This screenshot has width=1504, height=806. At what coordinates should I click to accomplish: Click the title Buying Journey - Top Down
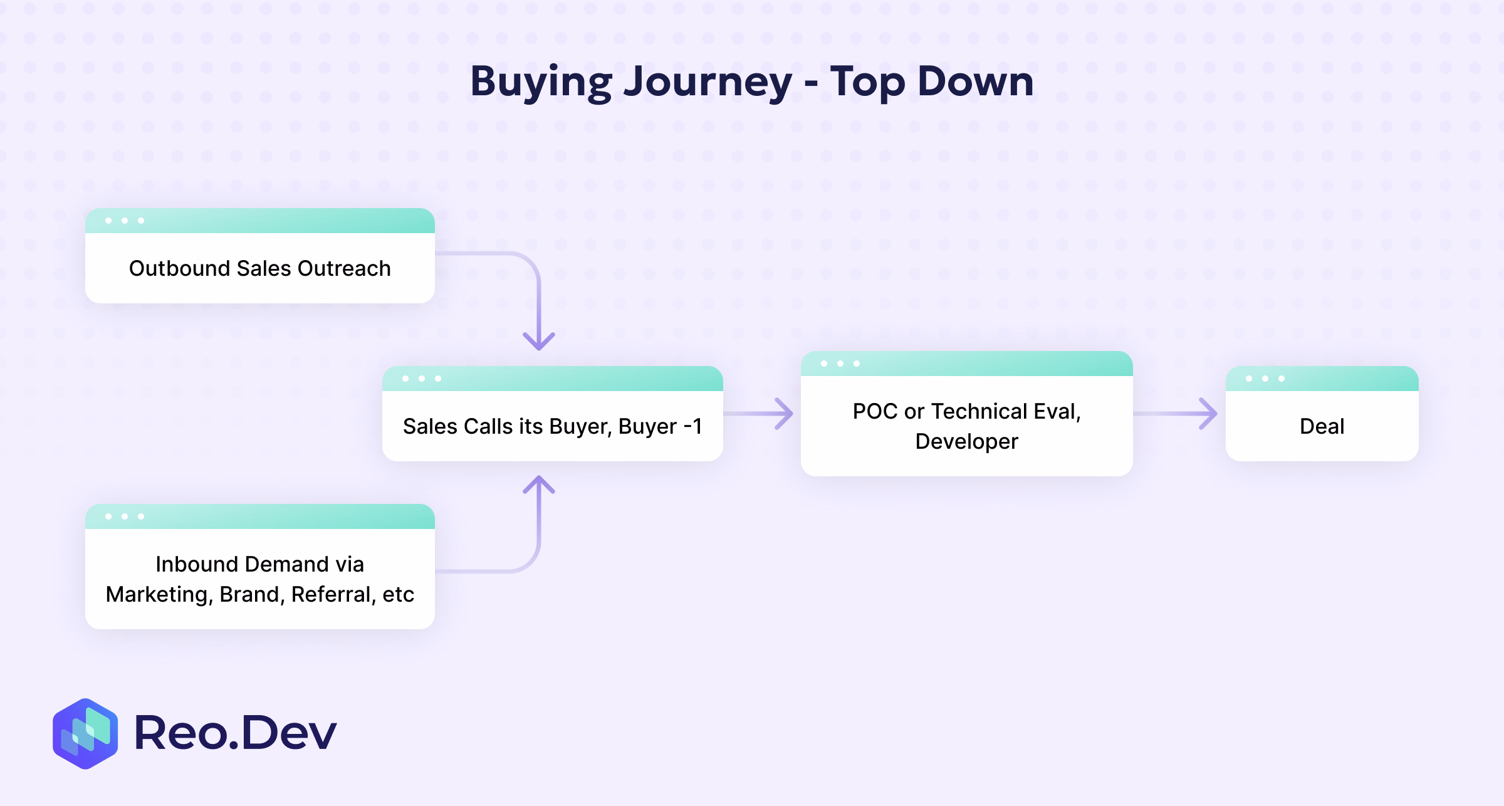(x=751, y=82)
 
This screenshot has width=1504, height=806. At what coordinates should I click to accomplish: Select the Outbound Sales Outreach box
(x=259, y=268)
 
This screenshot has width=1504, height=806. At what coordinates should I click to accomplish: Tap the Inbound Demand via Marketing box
(x=259, y=578)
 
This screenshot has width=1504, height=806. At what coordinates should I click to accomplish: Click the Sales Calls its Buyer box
(x=552, y=426)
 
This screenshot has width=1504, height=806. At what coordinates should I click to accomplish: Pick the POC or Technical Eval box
(x=966, y=426)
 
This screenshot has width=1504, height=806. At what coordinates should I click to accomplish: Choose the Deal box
(x=1322, y=426)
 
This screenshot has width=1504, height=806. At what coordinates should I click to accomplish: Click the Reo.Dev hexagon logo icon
(x=85, y=733)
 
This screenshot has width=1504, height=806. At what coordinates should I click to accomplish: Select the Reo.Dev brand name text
(x=236, y=733)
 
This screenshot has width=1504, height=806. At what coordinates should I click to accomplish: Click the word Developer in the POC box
(x=966, y=441)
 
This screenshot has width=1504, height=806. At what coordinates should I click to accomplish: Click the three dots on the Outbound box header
(x=125, y=221)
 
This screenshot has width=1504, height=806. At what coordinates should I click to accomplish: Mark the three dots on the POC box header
(x=840, y=364)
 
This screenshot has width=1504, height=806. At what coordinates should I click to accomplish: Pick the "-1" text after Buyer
(x=692, y=426)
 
